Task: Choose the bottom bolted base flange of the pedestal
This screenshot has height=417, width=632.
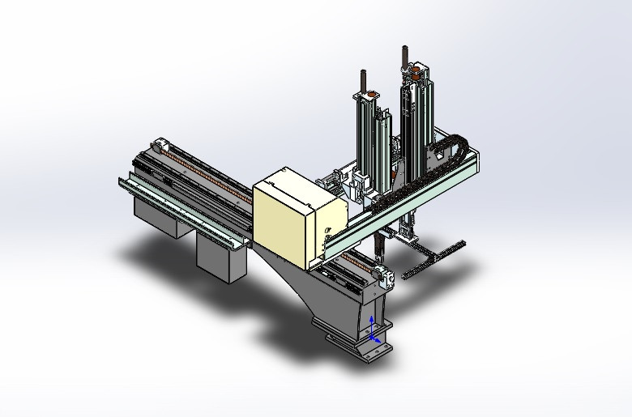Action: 361,343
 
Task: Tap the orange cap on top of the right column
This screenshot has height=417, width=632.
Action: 414,72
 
